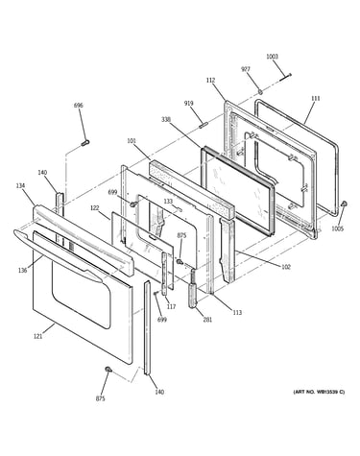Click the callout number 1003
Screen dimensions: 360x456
tap(272, 57)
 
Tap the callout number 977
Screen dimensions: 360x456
tap(246, 69)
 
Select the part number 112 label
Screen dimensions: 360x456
tap(210, 81)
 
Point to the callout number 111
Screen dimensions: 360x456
tap(315, 99)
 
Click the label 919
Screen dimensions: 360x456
tap(188, 104)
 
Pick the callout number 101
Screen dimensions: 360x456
tap(132, 140)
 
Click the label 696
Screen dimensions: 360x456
tap(79, 105)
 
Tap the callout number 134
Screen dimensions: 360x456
tap(21, 185)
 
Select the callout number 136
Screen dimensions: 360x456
tap(22, 271)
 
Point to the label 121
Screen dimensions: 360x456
tap(37, 336)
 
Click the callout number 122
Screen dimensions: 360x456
tap(94, 207)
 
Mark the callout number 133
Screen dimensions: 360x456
tap(168, 202)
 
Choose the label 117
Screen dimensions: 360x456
tap(171, 306)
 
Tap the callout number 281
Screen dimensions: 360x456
tap(207, 319)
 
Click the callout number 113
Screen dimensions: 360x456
tap(237, 313)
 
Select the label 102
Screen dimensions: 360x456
tap(286, 267)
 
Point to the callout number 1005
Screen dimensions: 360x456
tap(337, 228)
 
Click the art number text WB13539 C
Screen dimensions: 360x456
tap(330, 392)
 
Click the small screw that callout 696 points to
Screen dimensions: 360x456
tap(85, 142)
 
